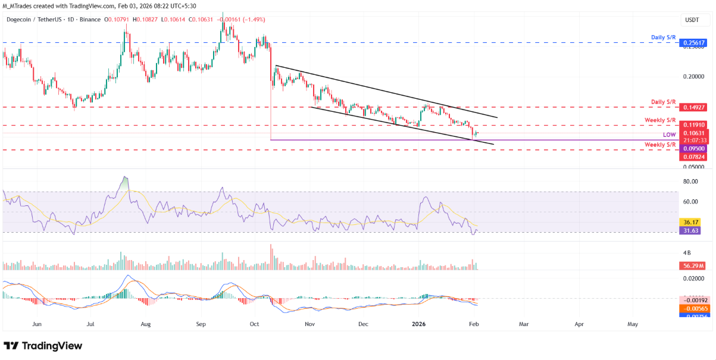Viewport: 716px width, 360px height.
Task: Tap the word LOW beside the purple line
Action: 670,135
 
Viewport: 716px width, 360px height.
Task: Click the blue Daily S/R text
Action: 663,37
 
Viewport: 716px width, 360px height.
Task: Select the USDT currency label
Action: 692,20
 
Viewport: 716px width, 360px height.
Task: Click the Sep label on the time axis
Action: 201,324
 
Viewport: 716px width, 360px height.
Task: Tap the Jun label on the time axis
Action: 37,324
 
